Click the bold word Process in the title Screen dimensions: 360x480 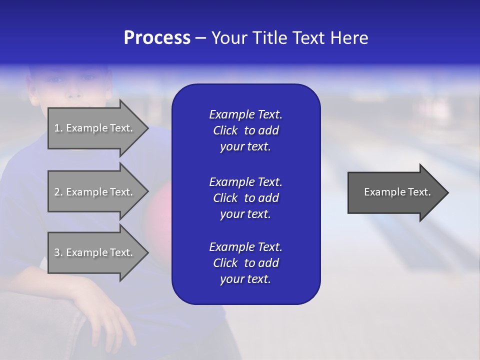[x=157, y=38]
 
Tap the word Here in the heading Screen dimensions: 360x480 [x=349, y=38]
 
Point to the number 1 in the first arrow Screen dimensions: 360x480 [x=57, y=128]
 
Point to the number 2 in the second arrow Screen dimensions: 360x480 [x=57, y=192]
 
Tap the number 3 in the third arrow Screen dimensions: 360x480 [x=57, y=252]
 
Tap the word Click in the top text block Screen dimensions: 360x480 [x=225, y=130]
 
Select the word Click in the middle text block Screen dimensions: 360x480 [x=225, y=198]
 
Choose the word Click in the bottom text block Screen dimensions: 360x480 [x=225, y=263]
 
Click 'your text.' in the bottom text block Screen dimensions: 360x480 [x=245, y=279]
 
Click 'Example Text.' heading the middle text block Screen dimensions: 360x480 [x=245, y=181]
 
